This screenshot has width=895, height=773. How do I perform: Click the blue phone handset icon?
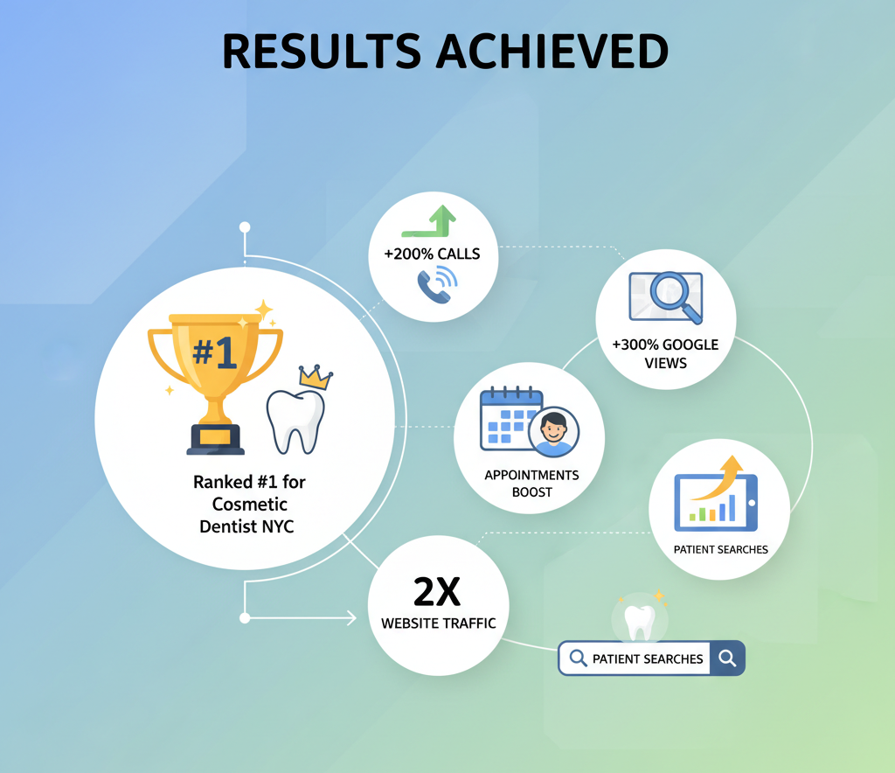coord(434,284)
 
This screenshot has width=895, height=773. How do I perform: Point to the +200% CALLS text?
coord(432,254)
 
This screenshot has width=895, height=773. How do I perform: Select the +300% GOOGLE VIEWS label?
coord(666,352)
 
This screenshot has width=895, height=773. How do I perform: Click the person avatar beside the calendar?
coord(553,432)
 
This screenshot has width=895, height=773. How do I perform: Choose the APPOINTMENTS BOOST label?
coord(531,484)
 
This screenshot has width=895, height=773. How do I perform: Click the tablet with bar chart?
coord(716,504)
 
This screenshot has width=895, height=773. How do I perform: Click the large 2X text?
coord(437,593)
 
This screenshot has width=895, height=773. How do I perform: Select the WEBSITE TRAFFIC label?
coord(438,623)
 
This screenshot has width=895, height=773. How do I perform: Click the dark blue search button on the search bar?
coord(728,658)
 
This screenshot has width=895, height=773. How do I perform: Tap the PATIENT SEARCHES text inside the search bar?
coord(648,659)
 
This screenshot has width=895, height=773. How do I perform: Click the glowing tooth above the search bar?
coord(641,621)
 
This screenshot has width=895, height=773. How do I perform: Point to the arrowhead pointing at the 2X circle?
coord(350,618)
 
